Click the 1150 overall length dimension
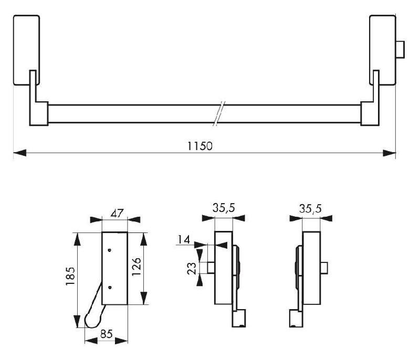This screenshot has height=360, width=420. pos(200,146)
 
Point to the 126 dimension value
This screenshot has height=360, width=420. pos(151,269)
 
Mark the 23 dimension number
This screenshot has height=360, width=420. pos(192,268)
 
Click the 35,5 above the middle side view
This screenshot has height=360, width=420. pos(223,208)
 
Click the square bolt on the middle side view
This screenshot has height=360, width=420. pos(210,268)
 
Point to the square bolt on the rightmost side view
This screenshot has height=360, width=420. pos(326,269)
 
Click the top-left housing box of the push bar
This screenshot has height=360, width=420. pos(26,50)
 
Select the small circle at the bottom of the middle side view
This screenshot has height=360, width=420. pos(240,326)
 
